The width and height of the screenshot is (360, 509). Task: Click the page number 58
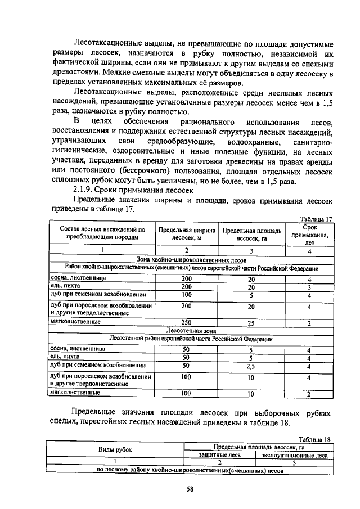click(x=190, y=489)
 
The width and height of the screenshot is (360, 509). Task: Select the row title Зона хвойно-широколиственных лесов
click(x=191, y=260)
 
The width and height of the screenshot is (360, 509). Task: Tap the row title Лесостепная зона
click(x=191, y=331)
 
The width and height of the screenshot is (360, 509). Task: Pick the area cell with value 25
click(x=251, y=322)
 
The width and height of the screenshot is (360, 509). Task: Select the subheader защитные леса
click(x=220, y=455)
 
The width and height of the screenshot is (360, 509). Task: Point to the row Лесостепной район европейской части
click(x=191, y=340)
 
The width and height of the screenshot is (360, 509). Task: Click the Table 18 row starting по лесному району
click(x=191, y=471)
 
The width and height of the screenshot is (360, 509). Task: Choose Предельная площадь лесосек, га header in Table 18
click(x=258, y=447)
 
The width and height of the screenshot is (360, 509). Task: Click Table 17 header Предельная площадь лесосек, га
click(x=251, y=235)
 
